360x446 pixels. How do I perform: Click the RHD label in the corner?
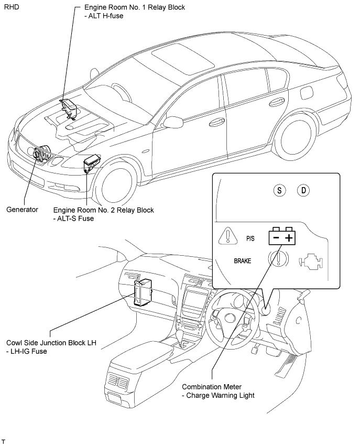12,7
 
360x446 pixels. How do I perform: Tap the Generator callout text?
22,210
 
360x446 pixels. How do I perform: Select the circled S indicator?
279,190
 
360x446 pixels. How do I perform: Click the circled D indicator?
303,190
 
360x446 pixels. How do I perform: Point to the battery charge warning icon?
282,236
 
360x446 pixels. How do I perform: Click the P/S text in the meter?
250,238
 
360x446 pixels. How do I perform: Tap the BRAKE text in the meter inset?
242,261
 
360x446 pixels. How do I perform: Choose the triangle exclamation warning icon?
228,236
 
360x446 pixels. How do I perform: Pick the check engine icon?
311,261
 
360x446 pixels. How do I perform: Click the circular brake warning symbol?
279,258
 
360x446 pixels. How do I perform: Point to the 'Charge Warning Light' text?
221,395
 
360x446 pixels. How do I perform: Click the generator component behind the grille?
41,154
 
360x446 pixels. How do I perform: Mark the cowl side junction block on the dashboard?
143,292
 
